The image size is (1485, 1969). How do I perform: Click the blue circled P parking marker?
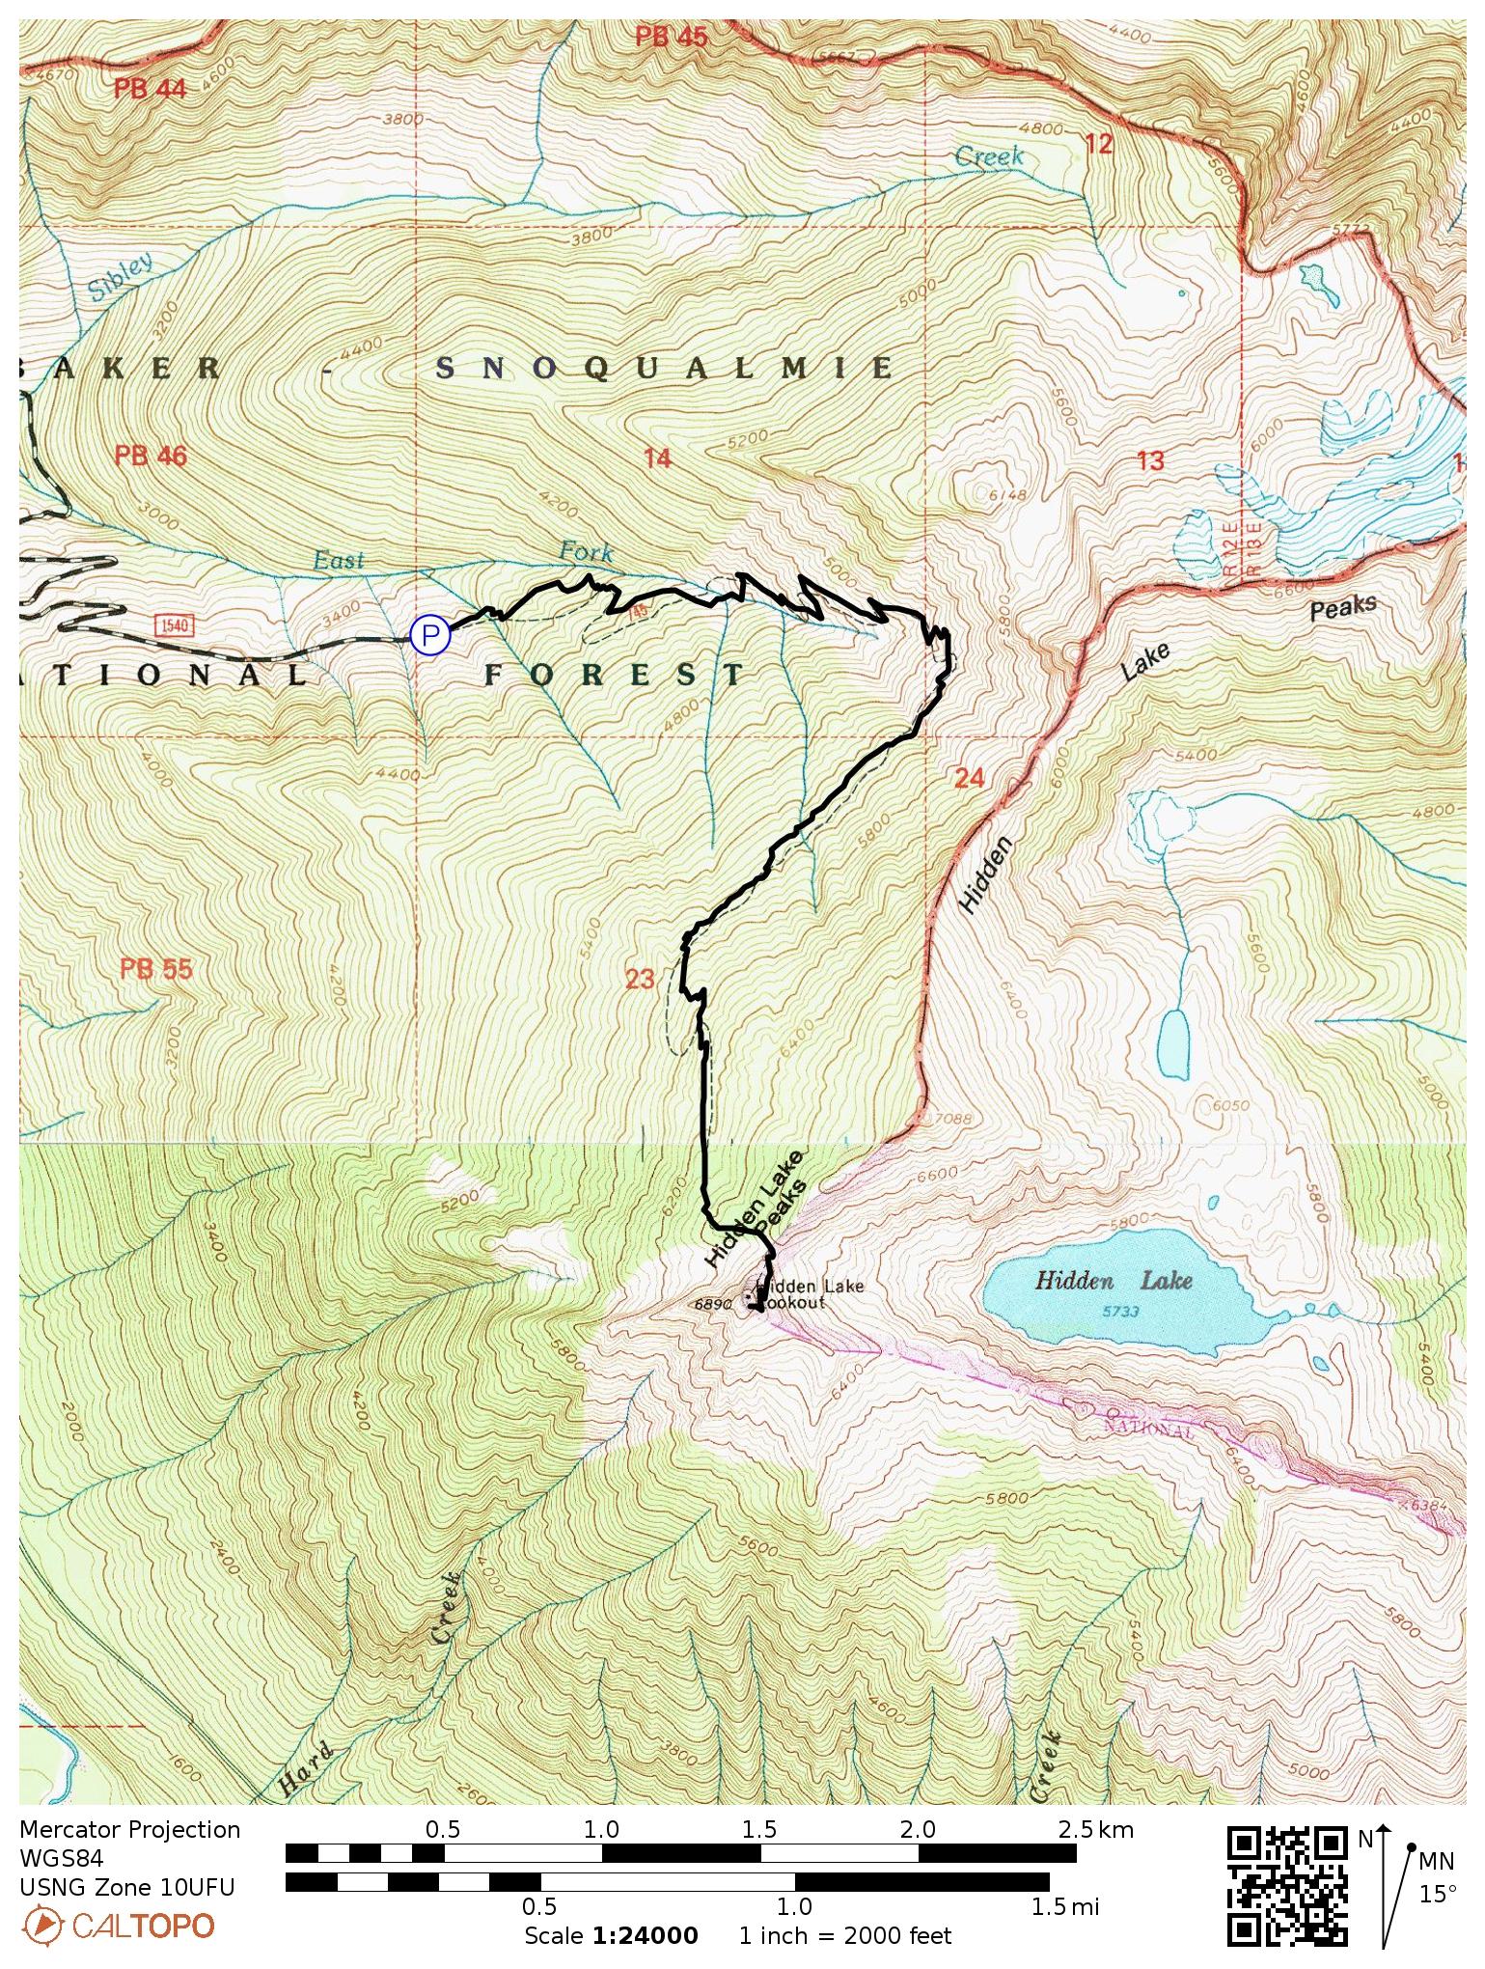pos(430,635)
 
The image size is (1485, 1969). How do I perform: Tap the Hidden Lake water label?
pos(1114,1281)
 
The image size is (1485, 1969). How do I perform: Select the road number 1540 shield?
pos(175,625)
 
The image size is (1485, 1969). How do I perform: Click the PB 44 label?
pos(150,90)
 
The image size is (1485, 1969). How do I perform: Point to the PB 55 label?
pos(156,968)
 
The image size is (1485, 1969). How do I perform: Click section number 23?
pos(640,979)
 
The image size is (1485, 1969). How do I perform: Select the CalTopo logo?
pos(118,1926)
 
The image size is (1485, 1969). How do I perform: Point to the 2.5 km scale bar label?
pos(1095,1829)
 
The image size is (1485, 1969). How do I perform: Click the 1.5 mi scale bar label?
pos(1064,1906)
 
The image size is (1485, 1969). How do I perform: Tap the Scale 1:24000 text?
pos(611,1936)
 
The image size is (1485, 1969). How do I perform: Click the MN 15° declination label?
pos(1436,1876)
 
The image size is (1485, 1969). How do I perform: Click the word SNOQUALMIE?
pos(665,368)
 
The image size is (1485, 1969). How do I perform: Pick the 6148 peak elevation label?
pos(1006,495)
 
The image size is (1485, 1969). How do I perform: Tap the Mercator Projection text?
pos(129,1830)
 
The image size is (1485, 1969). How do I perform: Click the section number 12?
pos(1098,144)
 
